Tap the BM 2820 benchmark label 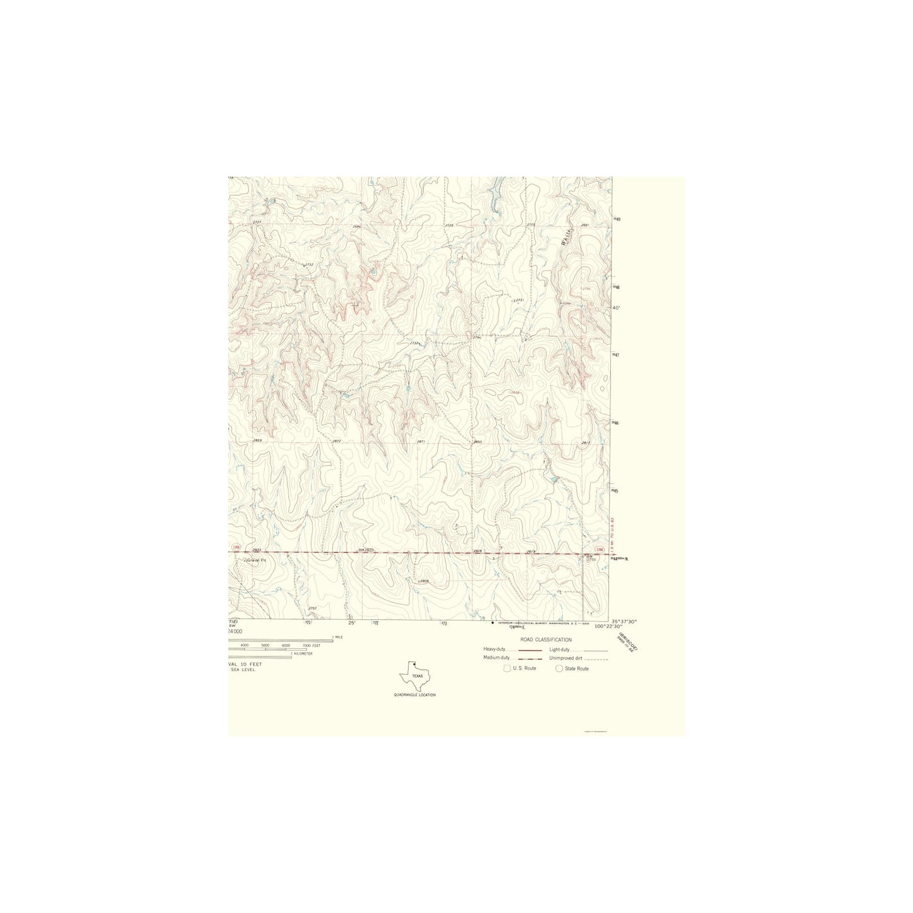point(366,550)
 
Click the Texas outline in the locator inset point(415,677)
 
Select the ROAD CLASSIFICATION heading point(546,640)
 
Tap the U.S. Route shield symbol point(507,668)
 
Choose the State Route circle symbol point(559,668)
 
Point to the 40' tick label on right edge point(617,308)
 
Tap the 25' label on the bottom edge point(352,623)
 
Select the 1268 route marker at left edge point(236,547)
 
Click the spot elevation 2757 point(312,608)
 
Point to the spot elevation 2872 point(336,440)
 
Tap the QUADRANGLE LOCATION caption point(414,695)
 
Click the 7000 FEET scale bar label point(311,645)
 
